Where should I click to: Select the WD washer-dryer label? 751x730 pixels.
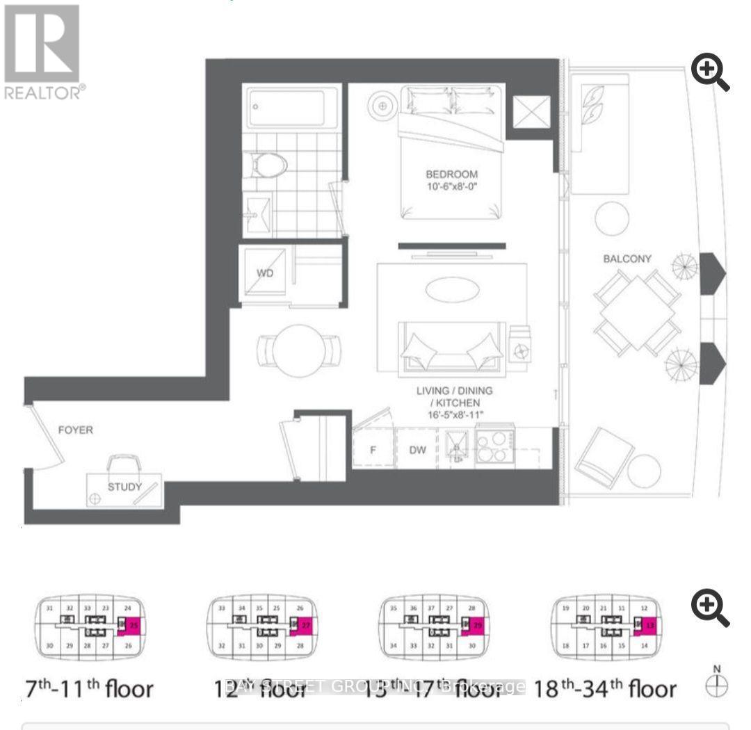pyautogui.click(x=265, y=273)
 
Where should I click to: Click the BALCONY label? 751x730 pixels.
pyautogui.click(x=627, y=259)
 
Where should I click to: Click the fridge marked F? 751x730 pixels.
pyautogui.click(x=373, y=450)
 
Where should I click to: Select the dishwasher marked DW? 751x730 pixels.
pyautogui.click(x=417, y=450)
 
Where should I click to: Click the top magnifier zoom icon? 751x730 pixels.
pyautogui.click(x=710, y=74)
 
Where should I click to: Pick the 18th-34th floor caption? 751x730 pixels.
pyautogui.click(x=605, y=689)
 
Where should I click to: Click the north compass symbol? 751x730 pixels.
pyautogui.click(x=716, y=684)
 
